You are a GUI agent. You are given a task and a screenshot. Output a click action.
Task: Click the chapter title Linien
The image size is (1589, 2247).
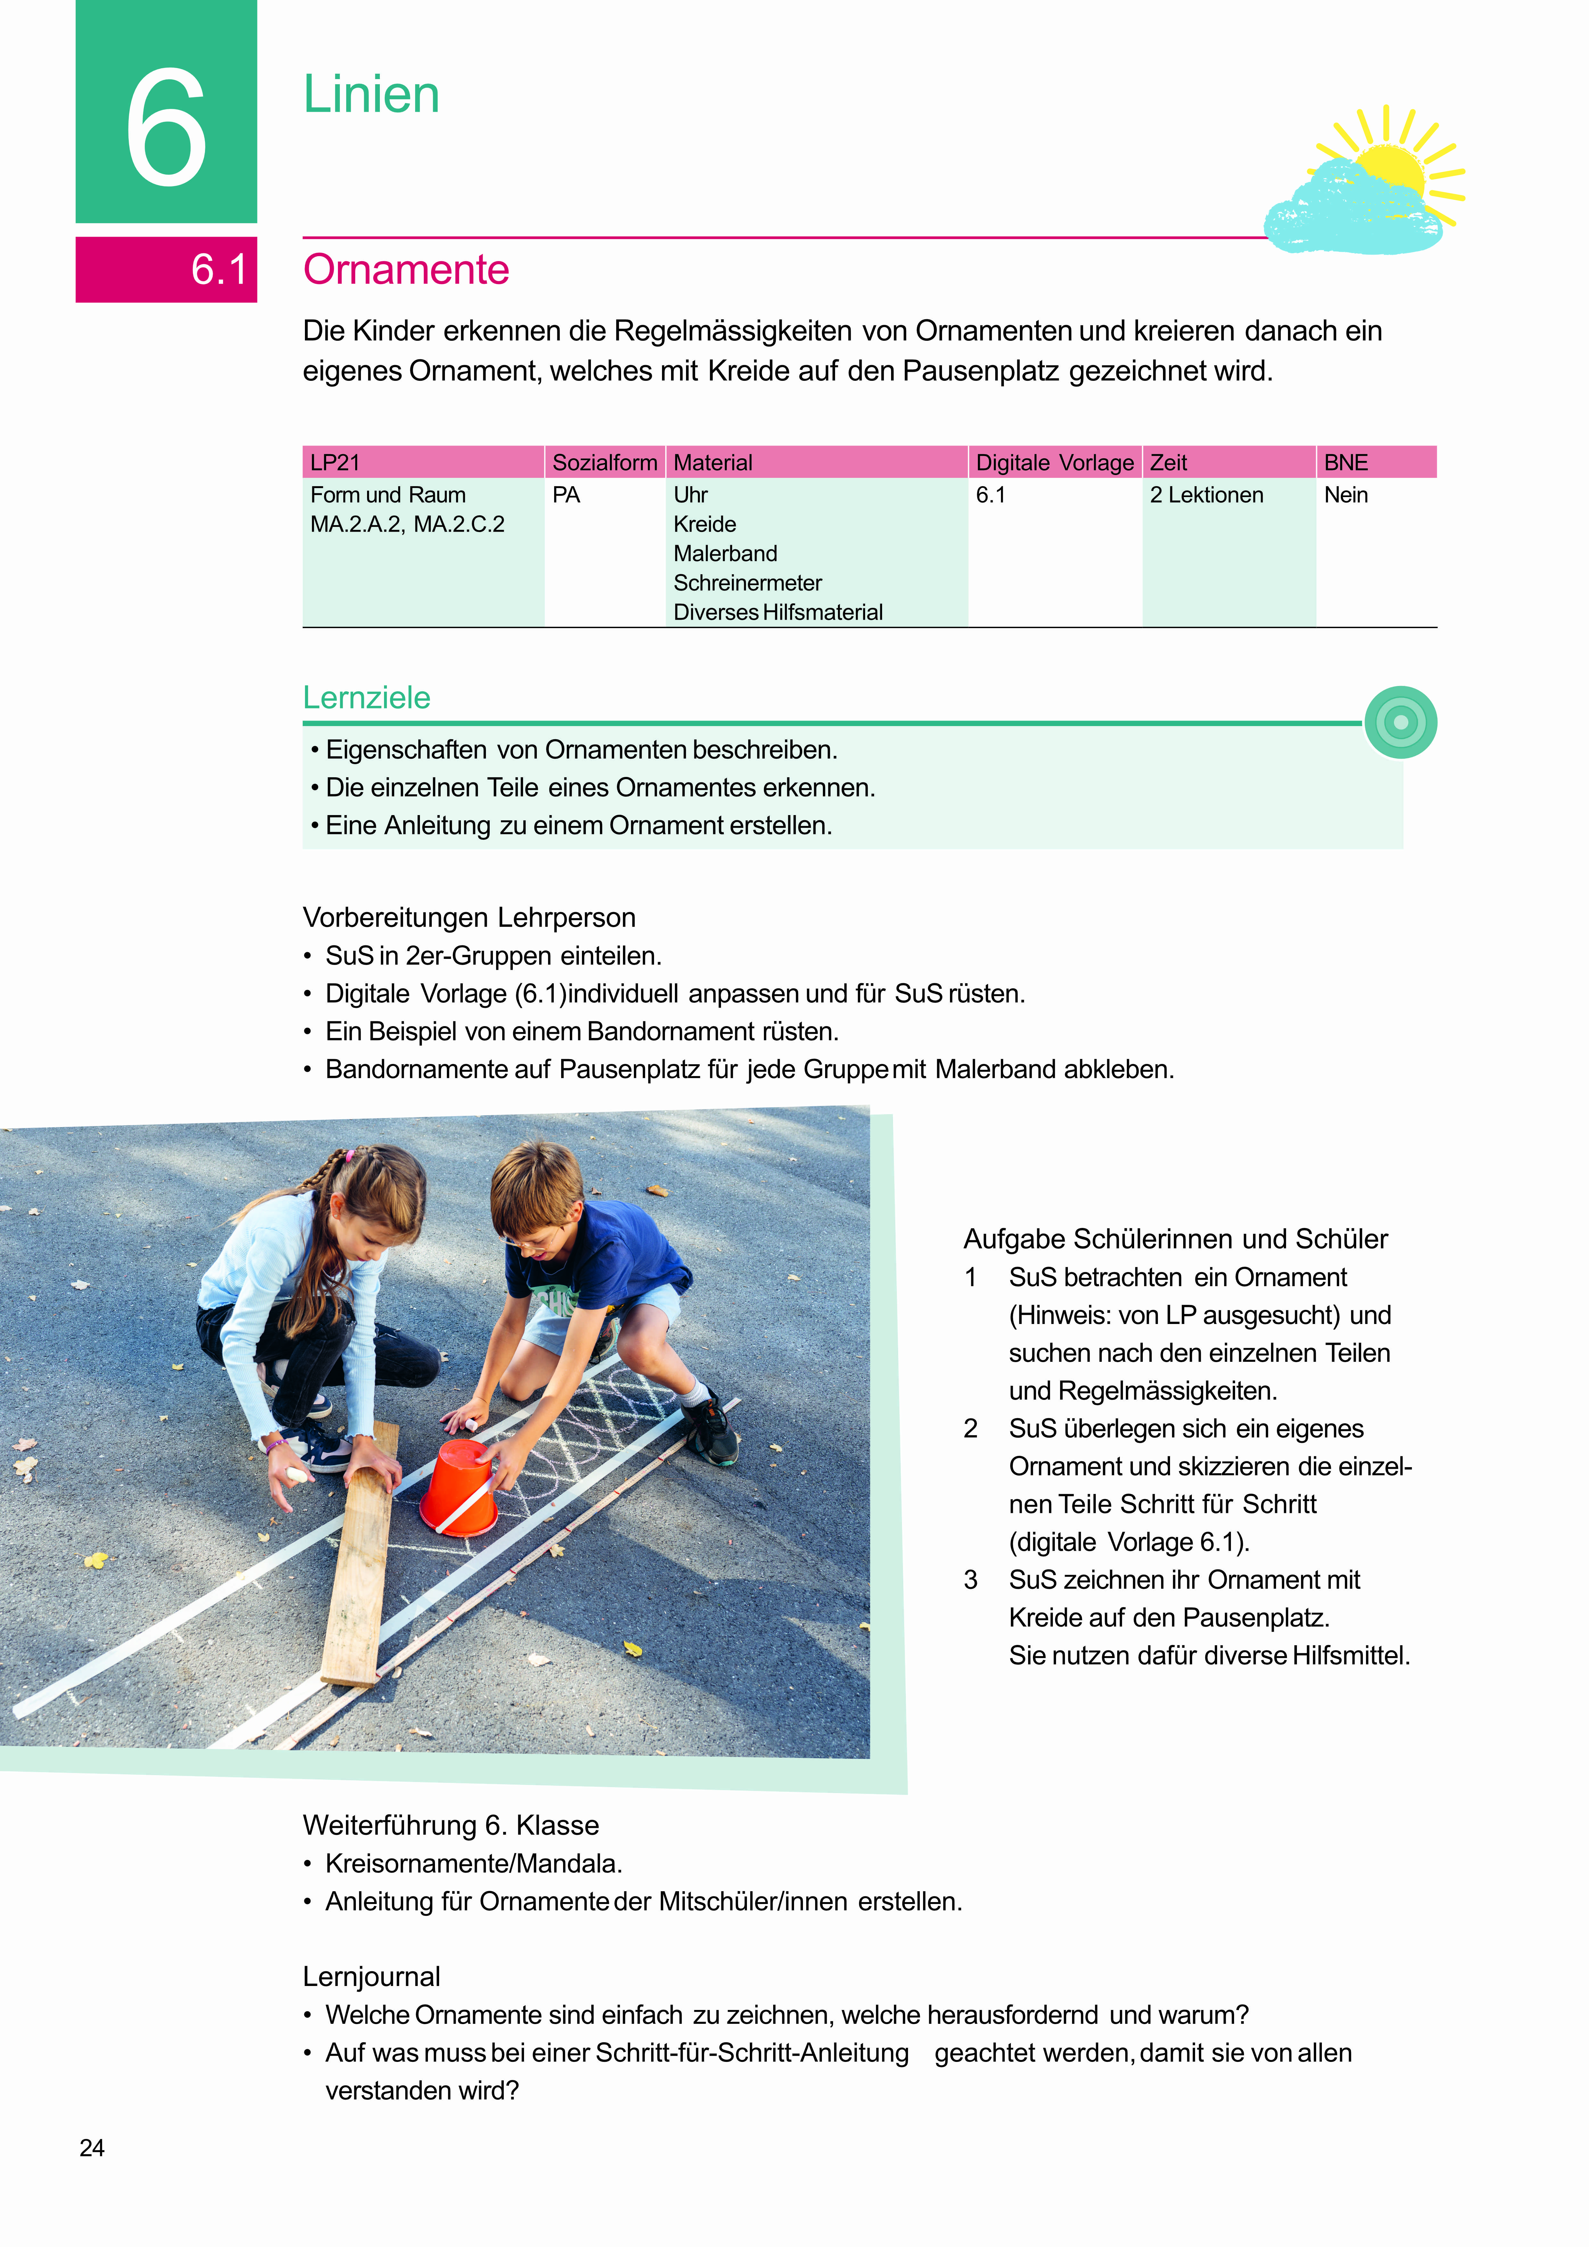371,95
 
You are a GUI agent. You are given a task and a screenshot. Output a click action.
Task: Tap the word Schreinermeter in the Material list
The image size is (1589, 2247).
747,583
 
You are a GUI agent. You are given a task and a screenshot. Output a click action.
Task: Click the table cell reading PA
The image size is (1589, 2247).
566,495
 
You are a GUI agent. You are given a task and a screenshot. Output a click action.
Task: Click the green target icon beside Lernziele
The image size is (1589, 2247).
1400,722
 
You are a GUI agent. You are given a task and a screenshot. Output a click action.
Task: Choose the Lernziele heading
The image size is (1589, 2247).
366,698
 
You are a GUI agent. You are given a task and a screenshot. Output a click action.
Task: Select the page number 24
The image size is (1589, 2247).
92,2148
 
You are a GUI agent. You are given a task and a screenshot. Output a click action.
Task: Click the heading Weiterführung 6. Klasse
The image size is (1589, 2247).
450,1825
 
